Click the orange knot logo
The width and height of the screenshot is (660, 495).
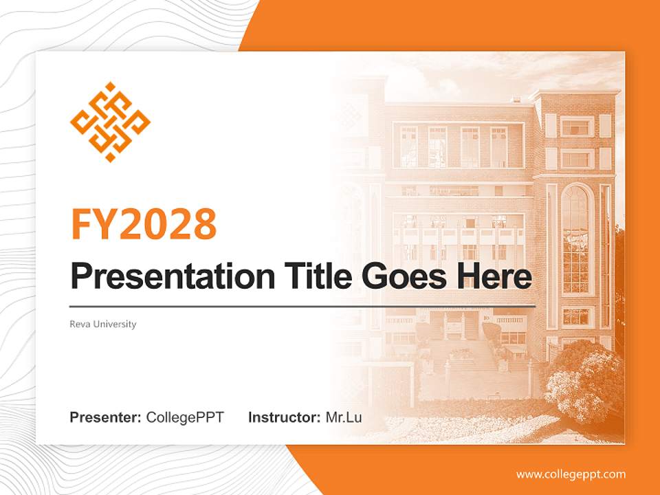[x=110, y=122]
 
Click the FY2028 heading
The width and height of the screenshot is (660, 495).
[x=144, y=223]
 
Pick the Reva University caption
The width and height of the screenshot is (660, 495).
[x=103, y=324]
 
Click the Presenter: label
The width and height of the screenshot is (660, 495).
[x=106, y=417]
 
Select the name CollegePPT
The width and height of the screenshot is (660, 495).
[x=185, y=417]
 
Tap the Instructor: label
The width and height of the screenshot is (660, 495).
[x=284, y=417]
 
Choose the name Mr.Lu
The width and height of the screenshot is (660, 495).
[x=344, y=417]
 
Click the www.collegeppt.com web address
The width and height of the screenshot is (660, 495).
[x=571, y=474]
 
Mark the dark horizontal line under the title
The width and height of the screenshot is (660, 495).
[x=302, y=305]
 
